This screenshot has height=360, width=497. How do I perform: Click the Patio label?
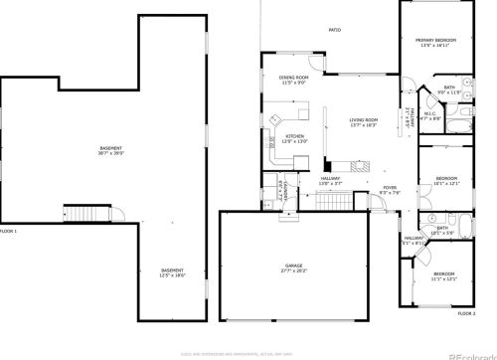[x=335, y=31]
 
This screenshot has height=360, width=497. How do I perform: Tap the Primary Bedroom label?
[x=434, y=40]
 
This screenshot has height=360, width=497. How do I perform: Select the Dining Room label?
[x=293, y=78]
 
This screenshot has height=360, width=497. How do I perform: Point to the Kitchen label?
[x=295, y=136]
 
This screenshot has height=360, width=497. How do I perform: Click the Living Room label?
[x=364, y=120]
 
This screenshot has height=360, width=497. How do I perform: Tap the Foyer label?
[x=390, y=187]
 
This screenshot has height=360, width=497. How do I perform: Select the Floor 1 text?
[x=9, y=231]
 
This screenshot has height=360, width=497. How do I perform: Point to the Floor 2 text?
[x=466, y=313]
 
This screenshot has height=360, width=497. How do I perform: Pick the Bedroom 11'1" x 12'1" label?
[x=443, y=273]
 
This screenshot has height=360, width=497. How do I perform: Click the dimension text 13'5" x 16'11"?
[x=434, y=45]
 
